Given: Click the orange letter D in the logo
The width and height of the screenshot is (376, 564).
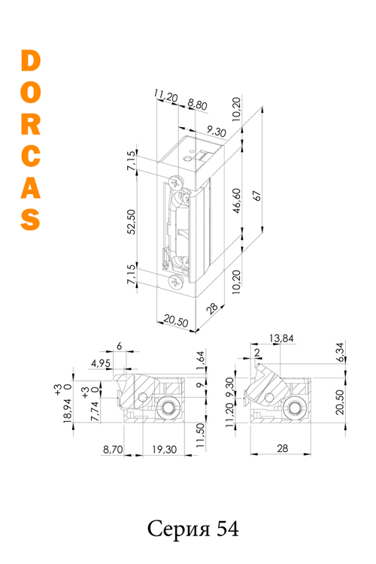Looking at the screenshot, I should click(x=30, y=63).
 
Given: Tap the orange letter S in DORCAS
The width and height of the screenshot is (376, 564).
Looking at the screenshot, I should click(x=30, y=218).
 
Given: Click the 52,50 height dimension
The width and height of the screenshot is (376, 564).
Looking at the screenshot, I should click(x=132, y=222).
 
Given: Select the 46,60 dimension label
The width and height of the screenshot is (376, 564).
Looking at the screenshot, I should click(x=238, y=203).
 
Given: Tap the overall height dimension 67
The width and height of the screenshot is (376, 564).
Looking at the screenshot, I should click(x=257, y=194).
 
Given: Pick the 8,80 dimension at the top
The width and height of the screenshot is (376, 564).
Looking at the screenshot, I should click(x=198, y=106).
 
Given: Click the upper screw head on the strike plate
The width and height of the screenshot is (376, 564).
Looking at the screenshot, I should click(x=176, y=182).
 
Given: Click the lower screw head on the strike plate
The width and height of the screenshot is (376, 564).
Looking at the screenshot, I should click(x=175, y=282).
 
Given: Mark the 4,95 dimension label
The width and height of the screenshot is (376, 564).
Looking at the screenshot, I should click(x=100, y=364).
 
